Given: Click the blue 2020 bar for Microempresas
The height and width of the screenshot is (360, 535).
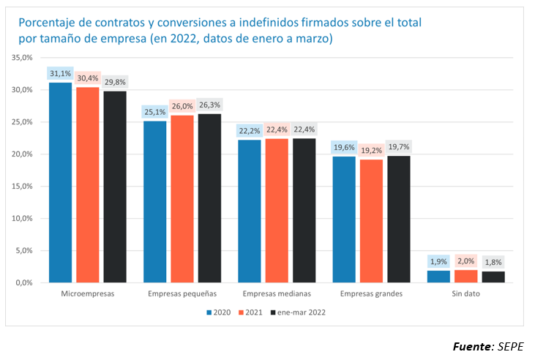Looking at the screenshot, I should click(x=61, y=182).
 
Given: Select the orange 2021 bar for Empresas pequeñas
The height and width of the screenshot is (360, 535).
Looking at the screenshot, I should click(x=182, y=198).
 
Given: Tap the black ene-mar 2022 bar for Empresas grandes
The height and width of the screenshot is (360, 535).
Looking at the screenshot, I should click(x=399, y=219).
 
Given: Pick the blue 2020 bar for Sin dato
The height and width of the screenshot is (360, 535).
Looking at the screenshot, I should click(x=439, y=276).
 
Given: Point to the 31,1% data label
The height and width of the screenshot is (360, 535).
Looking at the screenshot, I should click(x=60, y=73).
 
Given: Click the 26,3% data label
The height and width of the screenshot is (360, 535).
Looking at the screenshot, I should click(x=209, y=104).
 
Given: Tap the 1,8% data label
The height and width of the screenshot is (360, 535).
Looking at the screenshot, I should click(x=493, y=262).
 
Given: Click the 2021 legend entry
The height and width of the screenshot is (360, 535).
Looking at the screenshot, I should click(x=252, y=312).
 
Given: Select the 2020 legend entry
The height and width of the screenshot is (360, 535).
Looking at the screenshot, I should click(x=218, y=312).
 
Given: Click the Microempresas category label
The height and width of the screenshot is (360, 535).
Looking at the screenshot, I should click(x=88, y=293).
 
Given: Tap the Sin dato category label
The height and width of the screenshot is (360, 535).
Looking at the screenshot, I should click(x=466, y=293).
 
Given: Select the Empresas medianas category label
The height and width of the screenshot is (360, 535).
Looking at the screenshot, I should click(x=277, y=293).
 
